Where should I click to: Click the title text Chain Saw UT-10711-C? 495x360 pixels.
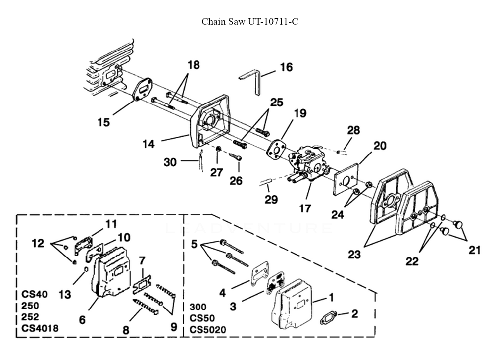(x=249, y=21)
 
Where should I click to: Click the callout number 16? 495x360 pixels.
(x=286, y=67)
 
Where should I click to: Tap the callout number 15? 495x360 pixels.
(x=103, y=122)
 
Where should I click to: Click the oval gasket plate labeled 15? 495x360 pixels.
(x=143, y=89)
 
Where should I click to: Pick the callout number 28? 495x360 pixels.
(x=353, y=130)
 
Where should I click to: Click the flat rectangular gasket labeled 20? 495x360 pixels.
(x=346, y=179)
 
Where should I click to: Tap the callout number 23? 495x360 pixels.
(x=354, y=254)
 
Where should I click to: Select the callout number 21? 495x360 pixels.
(x=475, y=250)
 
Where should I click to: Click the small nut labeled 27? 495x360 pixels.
(x=218, y=149)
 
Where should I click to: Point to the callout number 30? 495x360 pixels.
(x=170, y=162)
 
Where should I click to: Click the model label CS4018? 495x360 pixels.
(x=40, y=328)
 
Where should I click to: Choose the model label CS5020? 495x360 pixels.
(x=208, y=330)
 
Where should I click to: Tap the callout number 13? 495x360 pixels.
(x=65, y=294)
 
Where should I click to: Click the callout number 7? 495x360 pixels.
(x=142, y=261)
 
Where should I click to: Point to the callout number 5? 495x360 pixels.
(x=194, y=244)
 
